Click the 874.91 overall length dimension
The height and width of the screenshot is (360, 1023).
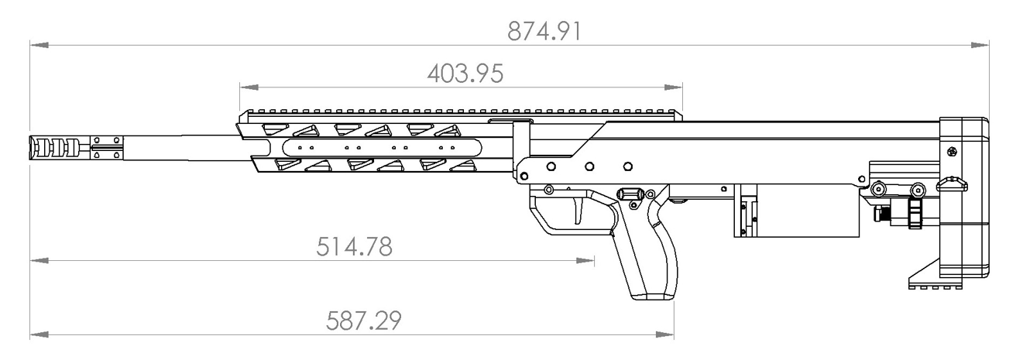(544, 32)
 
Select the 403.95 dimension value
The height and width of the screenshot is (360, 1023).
(465, 74)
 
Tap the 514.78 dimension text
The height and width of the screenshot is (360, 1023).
(355, 247)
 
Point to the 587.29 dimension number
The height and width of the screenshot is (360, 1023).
(363, 321)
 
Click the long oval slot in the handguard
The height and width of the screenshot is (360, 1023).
(382, 148)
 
